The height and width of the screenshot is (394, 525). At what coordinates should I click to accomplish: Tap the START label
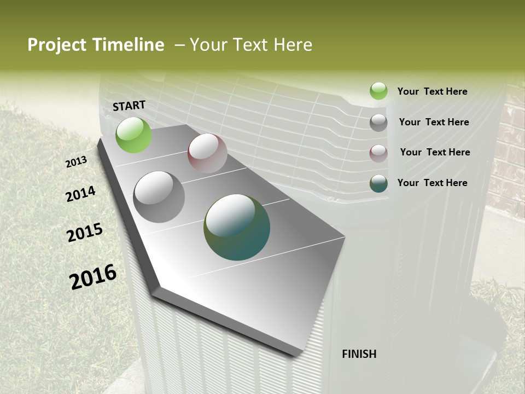click(x=129, y=106)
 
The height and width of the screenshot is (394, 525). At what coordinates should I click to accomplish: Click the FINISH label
click(x=359, y=354)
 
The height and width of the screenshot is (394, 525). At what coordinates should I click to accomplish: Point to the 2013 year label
click(x=76, y=162)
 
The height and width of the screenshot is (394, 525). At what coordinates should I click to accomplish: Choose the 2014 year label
click(x=80, y=194)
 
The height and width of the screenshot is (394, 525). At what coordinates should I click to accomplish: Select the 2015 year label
click(x=85, y=233)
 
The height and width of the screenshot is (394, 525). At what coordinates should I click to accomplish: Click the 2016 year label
click(x=93, y=277)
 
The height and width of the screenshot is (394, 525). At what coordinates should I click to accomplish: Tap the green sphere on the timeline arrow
click(x=133, y=135)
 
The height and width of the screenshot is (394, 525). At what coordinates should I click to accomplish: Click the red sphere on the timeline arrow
click(x=207, y=153)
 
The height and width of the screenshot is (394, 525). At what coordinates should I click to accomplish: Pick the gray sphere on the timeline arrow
click(x=159, y=196)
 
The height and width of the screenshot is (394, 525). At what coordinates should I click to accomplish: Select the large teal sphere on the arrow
click(x=237, y=227)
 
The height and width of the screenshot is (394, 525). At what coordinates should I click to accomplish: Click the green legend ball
click(x=378, y=91)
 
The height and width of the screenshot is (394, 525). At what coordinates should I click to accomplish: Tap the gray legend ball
click(x=378, y=123)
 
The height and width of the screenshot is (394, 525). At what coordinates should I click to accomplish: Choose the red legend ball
click(x=378, y=153)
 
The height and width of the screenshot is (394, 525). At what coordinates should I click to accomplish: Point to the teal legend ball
click(x=378, y=183)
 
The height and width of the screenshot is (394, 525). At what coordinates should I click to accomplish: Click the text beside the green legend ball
click(x=432, y=91)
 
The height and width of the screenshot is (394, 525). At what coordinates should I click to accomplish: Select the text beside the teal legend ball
click(x=432, y=183)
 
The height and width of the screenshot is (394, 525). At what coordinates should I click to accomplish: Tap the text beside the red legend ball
click(x=435, y=152)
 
